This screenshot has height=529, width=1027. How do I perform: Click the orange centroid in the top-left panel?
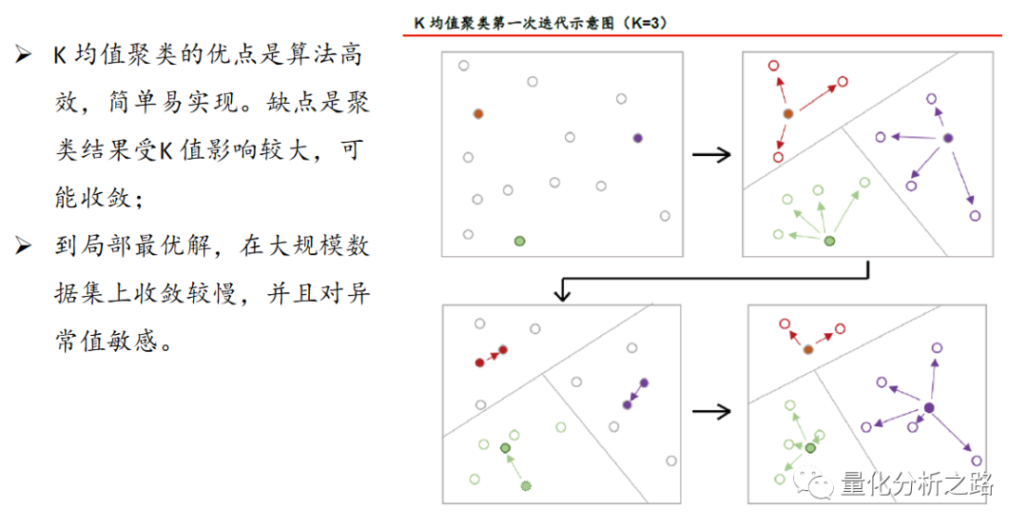478,113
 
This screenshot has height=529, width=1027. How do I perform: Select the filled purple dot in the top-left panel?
637,138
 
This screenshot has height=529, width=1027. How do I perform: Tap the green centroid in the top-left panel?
518,242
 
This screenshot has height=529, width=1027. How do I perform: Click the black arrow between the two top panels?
711,155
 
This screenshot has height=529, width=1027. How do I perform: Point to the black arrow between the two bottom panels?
711,411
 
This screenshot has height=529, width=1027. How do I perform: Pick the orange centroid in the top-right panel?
788,114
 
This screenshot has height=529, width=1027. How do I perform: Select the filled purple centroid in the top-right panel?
947,138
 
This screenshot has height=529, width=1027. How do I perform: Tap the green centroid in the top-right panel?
829,242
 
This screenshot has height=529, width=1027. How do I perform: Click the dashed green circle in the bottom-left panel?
525,486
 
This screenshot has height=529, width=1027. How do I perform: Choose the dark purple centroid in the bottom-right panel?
929,408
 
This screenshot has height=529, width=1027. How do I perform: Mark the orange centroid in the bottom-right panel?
808,349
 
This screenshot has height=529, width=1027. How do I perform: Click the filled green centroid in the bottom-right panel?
810,448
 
